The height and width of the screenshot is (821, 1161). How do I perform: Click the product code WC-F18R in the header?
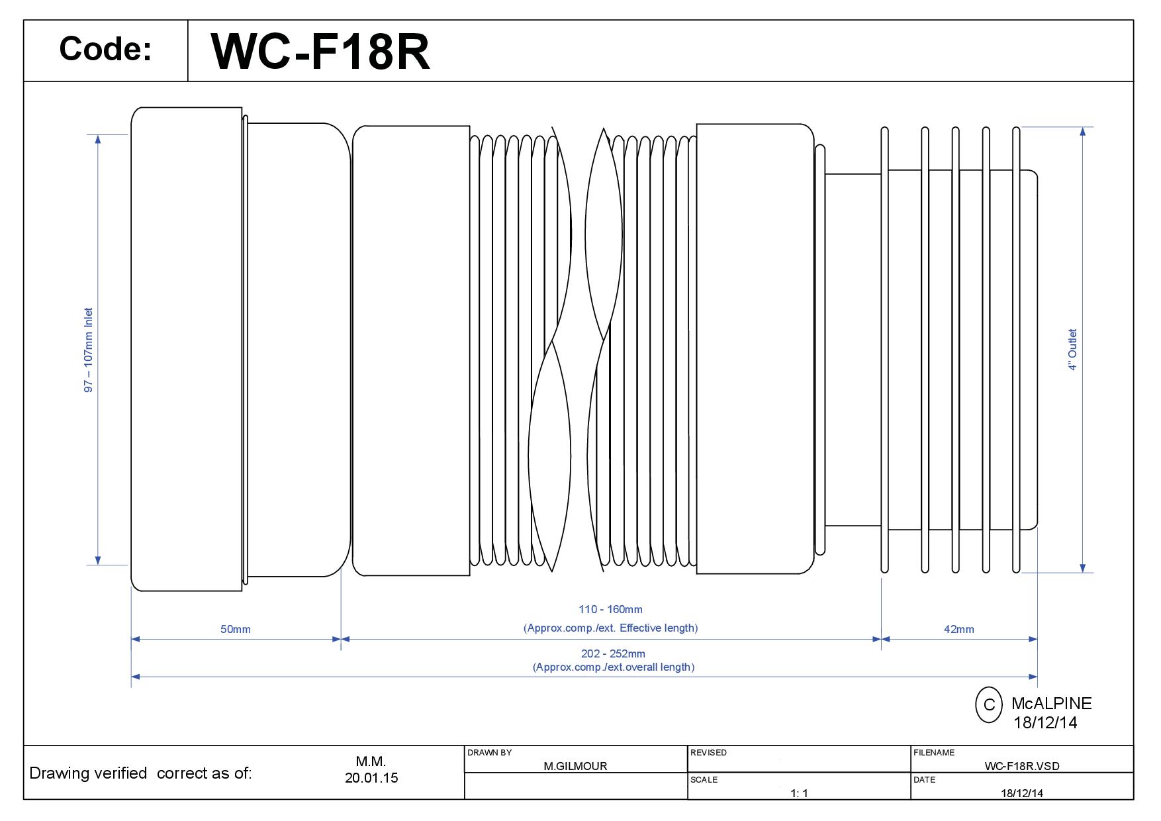[320, 52]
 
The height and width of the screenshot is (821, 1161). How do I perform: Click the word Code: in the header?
[105, 49]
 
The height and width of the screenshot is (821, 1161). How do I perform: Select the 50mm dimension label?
[236, 629]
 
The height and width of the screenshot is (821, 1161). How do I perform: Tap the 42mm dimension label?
[958, 629]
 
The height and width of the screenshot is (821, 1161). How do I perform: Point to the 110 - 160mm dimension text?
[610, 609]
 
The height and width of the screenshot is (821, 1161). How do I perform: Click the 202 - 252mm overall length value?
[613, 653]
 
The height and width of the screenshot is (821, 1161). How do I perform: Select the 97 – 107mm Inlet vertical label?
[89, 350]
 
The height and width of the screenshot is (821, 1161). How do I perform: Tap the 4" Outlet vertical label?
[1072, 350]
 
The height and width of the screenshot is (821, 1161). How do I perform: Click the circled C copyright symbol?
[989, 704]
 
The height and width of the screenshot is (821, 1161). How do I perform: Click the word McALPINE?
[1051, 703]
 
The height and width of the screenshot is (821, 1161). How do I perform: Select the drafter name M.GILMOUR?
[575, 766]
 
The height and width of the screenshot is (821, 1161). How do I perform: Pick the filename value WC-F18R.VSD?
[1022, 766]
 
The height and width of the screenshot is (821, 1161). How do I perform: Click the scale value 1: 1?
[799, 793]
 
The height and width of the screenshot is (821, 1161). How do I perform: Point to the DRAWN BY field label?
[490, 753]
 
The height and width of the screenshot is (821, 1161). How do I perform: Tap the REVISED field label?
[708, 753]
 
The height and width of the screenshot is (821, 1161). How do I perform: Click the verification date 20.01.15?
[371, 778]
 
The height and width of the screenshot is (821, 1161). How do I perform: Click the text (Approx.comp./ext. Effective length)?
[610, 628]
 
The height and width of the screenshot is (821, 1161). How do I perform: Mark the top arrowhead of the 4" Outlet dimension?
[1083, 131]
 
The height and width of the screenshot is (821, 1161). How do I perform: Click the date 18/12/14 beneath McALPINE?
[1045, 722]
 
